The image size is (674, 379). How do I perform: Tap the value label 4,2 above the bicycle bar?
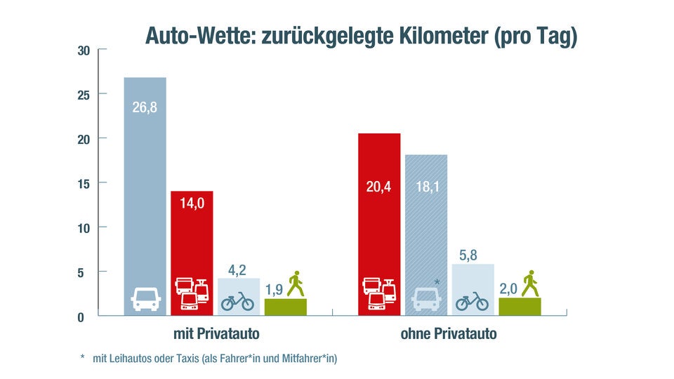[237, 270]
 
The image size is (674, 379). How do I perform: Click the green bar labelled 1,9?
[285, 307]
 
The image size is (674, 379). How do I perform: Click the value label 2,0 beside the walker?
[509, 288]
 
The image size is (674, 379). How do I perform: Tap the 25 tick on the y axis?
[83, 95]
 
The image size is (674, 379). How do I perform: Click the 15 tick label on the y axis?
[83, 184]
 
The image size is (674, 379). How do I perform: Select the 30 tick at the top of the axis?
[83, 51]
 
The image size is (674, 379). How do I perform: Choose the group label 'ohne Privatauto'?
[449, 334]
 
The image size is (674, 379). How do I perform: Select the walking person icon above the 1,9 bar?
[296, 284]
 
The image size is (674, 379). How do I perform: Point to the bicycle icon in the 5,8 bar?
[472, 302]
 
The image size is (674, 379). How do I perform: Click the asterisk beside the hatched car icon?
[437, 283]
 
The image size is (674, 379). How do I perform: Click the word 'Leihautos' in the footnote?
[133, 359]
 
